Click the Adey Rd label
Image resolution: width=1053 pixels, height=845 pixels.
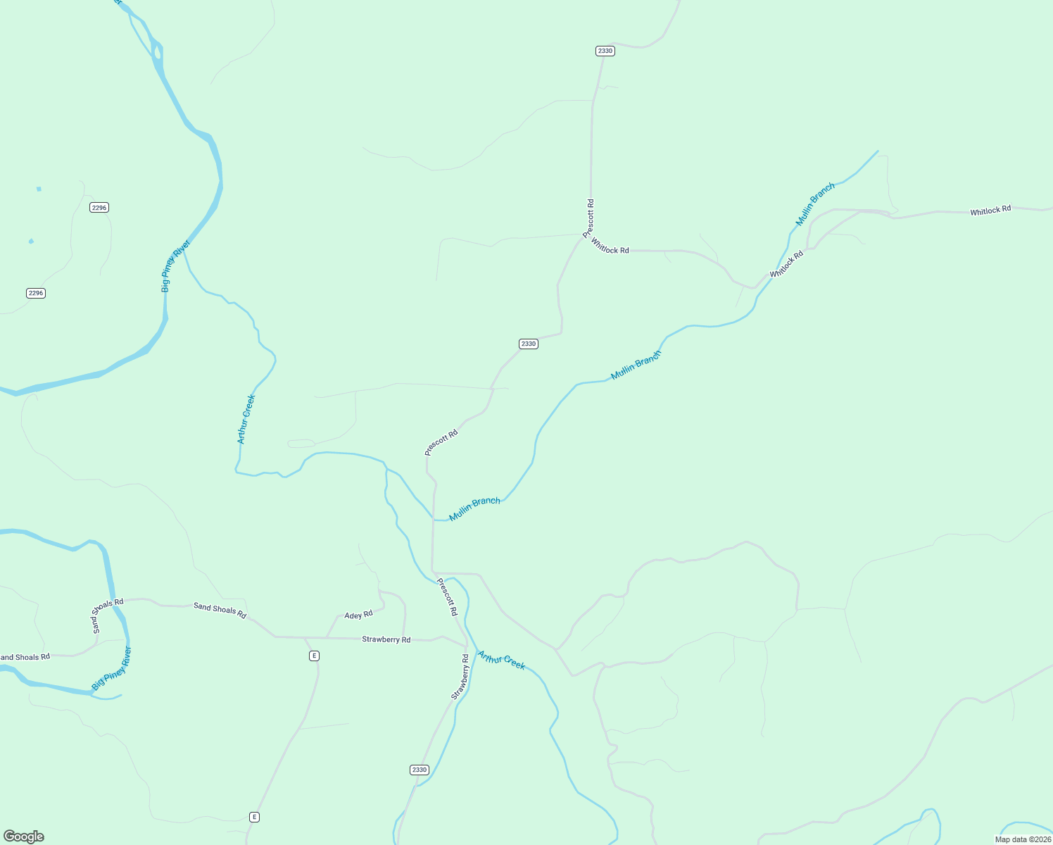click(x=358, y=615)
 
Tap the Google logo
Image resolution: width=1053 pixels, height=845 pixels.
click(x=24, y=837)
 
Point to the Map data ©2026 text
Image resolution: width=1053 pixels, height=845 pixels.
click(x=1023, y=839)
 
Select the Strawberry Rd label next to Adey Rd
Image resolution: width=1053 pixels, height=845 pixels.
click(x=386, y=639)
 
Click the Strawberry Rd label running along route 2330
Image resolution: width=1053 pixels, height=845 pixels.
click(x=460, y=677)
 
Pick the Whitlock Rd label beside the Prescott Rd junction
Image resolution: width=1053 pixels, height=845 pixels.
click(x=610, y=246)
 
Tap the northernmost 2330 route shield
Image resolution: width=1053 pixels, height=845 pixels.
click(x=605, y=51)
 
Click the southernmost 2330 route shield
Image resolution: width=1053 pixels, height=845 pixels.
click(x=419, y=770)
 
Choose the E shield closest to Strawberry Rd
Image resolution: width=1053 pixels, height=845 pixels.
click(x=314, y=656)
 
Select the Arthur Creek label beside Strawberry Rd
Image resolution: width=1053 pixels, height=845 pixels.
click(x=501, y=661)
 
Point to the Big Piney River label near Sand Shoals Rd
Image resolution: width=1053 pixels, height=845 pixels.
click(x=112, y=668)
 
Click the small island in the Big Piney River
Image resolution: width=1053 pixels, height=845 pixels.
click(x=157, y=52)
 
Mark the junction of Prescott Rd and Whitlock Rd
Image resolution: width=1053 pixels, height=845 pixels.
click(x=584, y=236)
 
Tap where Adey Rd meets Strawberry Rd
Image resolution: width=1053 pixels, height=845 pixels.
click(x=327, y=637)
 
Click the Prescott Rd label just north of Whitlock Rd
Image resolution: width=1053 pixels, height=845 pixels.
click(x=589, y=218)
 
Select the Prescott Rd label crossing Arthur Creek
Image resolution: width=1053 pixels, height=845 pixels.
click(x=447, y=597)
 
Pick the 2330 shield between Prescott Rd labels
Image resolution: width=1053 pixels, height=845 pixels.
click(x=528, y=344)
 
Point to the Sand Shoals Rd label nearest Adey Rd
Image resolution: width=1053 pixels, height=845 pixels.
click(x=220, y=611)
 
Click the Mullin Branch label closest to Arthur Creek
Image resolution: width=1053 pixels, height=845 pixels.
click(x=474, y=509)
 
